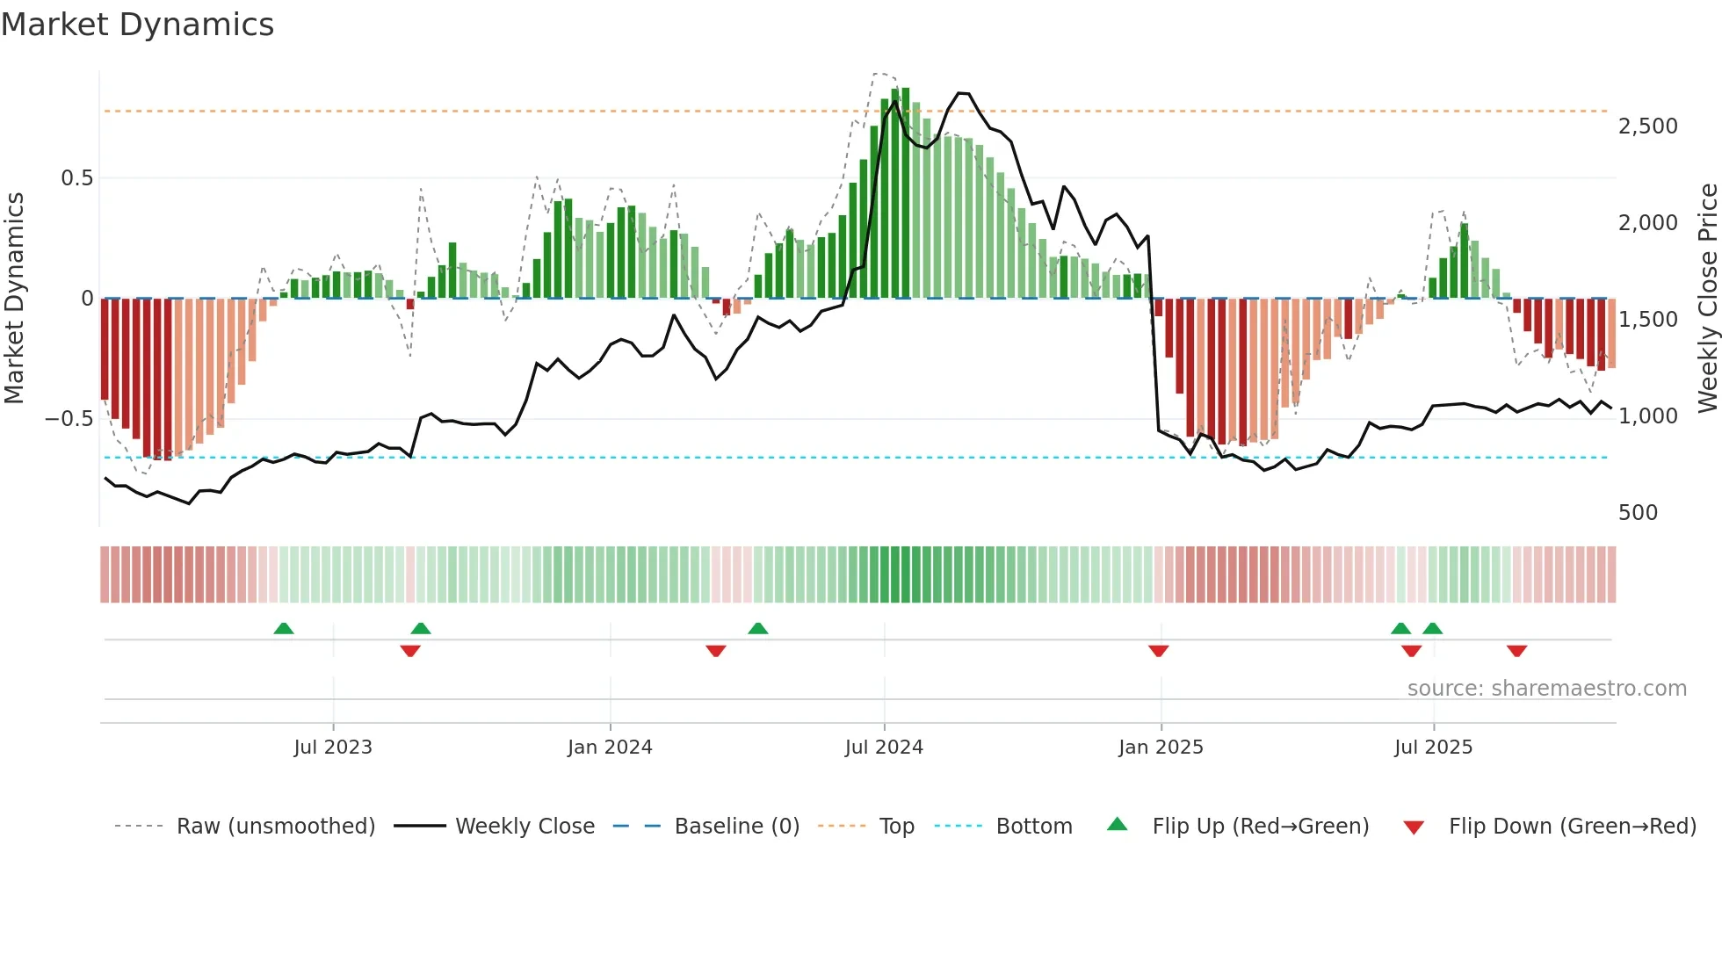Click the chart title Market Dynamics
137,25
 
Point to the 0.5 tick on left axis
76,178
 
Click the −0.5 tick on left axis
69,419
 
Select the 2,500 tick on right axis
1647,126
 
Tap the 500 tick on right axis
1638,513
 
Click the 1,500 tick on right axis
1647,320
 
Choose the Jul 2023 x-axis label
333,748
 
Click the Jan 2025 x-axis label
1161,748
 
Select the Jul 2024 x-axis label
884,748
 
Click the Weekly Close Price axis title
1707,299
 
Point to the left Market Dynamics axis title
14,299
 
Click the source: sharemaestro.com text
1546,689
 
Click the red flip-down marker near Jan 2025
1158,651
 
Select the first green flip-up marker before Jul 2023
283,628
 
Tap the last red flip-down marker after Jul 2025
1516,651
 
